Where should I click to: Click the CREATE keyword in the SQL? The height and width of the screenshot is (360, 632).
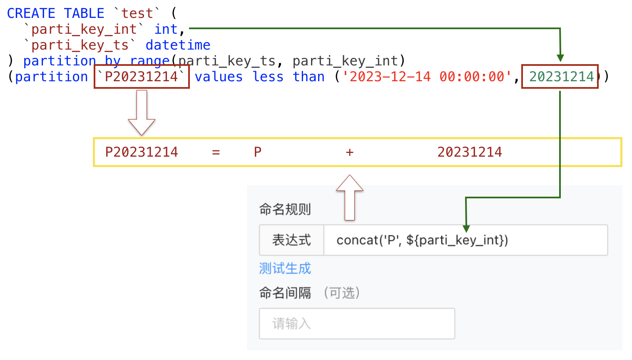click(x=31, y=13)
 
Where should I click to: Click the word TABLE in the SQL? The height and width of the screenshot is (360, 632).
click(x=84, y=13)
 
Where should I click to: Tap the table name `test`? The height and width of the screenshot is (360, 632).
click(x=137, y=13)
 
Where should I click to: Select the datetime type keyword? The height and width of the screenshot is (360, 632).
click(x=178, y=45)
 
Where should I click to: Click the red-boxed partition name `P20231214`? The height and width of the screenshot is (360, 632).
click(x=142, y=77)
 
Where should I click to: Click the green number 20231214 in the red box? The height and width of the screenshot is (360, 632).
click(x=560, y=77)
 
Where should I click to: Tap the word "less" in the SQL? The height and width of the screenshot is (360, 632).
click(x=268, y=77)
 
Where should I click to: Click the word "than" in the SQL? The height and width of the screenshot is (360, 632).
click(x=309, y=77)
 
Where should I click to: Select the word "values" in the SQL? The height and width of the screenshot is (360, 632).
click(x=219, y=77)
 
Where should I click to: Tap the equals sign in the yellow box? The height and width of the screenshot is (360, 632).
click(x=216, y=152)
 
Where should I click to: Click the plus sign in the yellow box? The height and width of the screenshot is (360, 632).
click(x=350, y=152)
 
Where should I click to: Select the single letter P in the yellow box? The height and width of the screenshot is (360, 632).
click(x=258, y=152)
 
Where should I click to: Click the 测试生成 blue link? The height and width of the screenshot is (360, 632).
click(x=285, y=268)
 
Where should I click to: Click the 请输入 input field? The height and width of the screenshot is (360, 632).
click(x=357, y=324)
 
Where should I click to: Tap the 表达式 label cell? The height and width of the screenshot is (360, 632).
click(x=291, y=240)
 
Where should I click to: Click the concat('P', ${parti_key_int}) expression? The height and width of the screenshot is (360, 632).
click(x=422, y=240)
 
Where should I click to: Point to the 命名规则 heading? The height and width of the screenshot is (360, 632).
click(x=285, y=209)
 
